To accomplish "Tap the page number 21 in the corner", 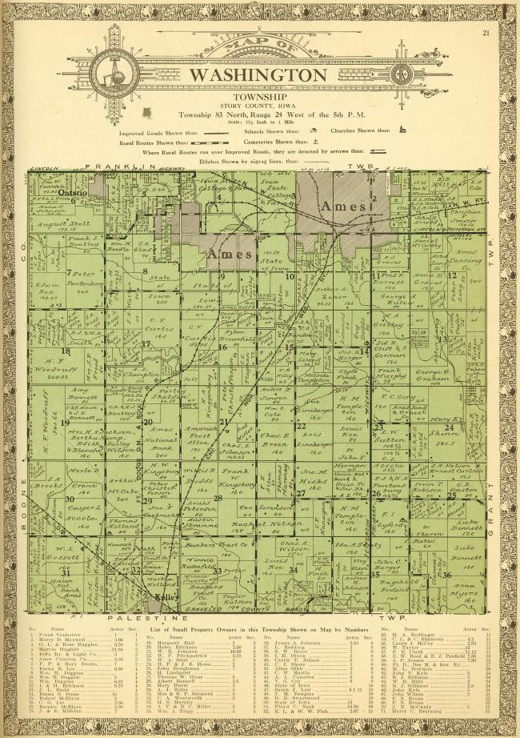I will (x=486, y=33).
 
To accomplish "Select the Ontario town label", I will (x=74, y=191).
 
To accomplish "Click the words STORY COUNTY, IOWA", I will (x=258, y=102).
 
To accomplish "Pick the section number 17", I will (x=146, y=344).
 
